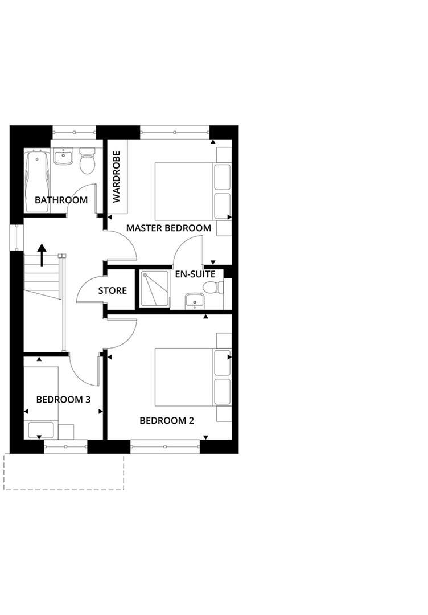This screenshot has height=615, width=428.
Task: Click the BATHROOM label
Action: (x=61, y=200)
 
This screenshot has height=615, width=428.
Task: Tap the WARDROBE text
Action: (x=117, y=177)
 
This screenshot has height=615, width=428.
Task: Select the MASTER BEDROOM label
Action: (x=168, y=228)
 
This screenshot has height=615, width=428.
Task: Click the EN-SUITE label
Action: (x=195, y=274)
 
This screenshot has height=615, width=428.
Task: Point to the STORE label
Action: (x=112, y=290)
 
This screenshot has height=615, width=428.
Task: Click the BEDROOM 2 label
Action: (x=167, y=421)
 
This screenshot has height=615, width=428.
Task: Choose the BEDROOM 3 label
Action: (x=63, y=399)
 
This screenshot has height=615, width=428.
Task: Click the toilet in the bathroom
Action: (x=87, y=161)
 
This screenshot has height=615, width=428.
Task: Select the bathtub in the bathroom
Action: (x=37, y=181)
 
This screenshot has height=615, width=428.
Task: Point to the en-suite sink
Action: (x=195, y=300)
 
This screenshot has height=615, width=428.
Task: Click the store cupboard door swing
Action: (x=88, y=290)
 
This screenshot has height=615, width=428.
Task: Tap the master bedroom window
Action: (x=174, y=132)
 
